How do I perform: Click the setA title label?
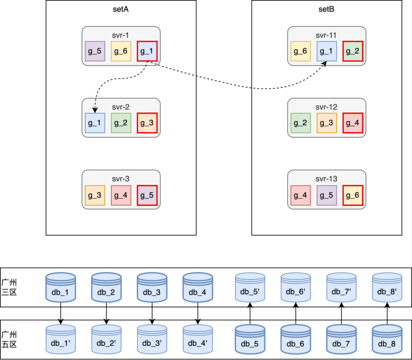point(121,10)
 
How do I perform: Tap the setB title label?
point(327,10)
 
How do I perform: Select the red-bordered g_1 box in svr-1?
point(147,51)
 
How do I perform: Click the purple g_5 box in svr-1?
point(95,51)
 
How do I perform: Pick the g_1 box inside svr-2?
point(95,123)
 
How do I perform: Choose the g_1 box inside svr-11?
point(327,51)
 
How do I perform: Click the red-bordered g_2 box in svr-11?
point(353,51)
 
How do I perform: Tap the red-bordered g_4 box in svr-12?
point(353,123)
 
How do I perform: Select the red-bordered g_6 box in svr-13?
point(353,195)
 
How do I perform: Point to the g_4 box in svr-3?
point(121,195)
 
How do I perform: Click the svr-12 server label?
point(327,107)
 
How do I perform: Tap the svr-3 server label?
point(121,178)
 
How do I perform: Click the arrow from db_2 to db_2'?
point(106,313)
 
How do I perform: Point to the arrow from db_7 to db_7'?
point(341,313)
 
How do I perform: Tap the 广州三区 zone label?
point(9,287)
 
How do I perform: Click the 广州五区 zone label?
point(9,339)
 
